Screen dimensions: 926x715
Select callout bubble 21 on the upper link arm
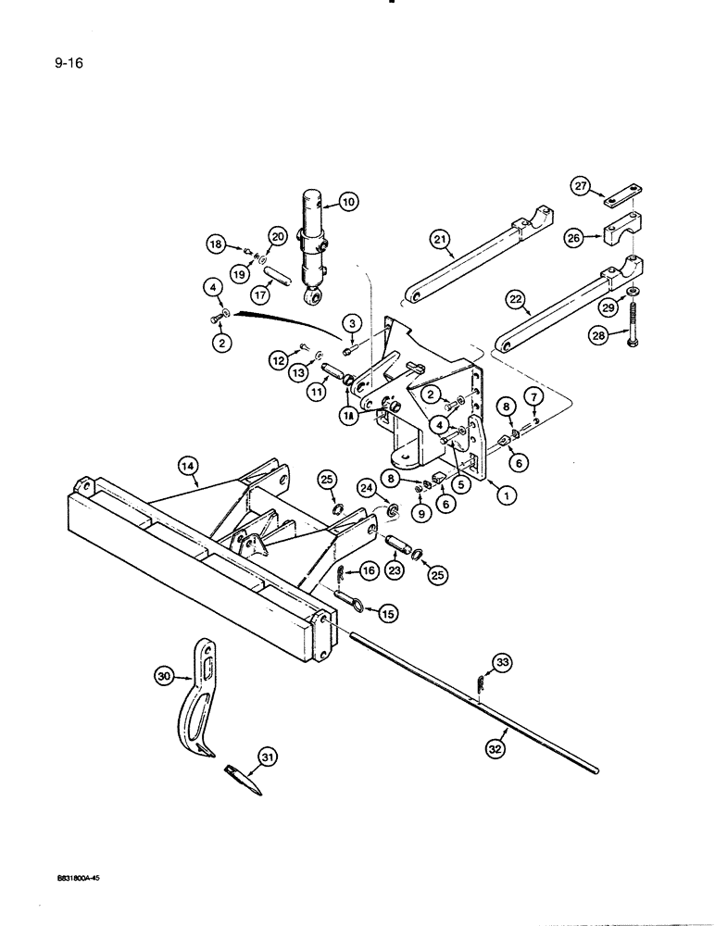442,242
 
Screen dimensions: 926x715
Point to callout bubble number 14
189,469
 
